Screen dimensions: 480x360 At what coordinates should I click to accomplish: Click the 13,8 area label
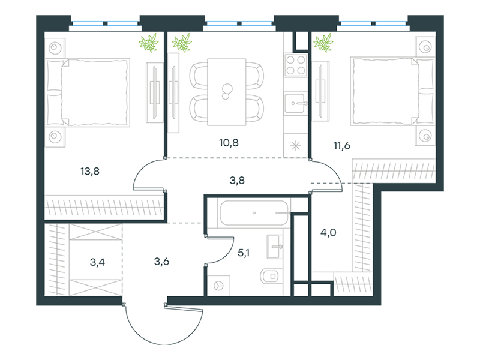[x=90, y=172]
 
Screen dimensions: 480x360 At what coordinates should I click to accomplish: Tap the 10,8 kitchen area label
[x=229, y=143]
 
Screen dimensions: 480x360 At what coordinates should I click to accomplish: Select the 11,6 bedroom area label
[x=341, y=146]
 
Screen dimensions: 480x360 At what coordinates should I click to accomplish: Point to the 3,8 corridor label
[x=237, y=181]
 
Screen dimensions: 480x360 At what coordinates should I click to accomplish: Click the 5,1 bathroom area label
[x=244, y=253]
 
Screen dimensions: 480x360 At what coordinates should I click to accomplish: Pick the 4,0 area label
[x=328, y=233]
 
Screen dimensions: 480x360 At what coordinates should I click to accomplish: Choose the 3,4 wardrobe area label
[x=97, y=262]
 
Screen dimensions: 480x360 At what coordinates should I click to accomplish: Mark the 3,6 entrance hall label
[x=161, y=262]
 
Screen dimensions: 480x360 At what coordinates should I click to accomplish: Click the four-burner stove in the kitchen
[x=295, y=65]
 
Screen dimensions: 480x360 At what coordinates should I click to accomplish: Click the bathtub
[x=254, y=213]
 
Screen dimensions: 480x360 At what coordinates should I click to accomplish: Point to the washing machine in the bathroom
[x=219, y=286]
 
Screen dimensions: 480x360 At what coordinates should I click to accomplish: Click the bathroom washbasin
[x=275, y=247]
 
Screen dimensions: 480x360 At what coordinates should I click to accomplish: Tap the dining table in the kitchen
[x=227, y=92]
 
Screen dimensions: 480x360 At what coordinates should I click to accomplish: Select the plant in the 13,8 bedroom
[x=149, y=42]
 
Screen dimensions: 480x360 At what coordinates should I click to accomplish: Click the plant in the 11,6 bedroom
[x=323, y=42]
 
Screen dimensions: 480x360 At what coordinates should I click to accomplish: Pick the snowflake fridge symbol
[x=295, y=146]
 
